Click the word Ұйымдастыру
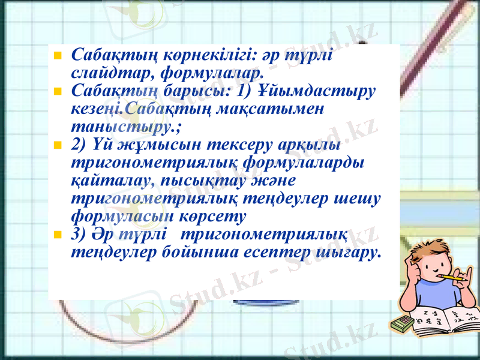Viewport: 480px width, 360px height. pos(318,92)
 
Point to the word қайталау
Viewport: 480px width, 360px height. pos(109,181)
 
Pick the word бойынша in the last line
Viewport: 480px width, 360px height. pos(201,251)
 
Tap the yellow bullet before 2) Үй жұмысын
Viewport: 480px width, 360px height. pos(58,146)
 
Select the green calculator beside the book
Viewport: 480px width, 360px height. pos(401,324)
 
